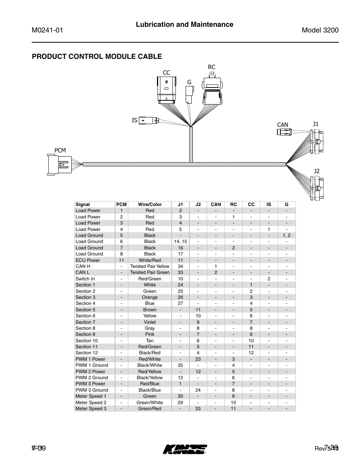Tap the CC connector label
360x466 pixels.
coord(166,72)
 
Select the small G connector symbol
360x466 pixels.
coord(189,94)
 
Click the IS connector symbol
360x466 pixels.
coord(149,120)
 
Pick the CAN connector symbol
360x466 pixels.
coord(284,132)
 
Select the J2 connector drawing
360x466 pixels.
coord(317,187)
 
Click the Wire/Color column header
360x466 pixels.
coord(150,205)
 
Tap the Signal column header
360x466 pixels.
coord(83,205)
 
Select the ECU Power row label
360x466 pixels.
coord(88,260)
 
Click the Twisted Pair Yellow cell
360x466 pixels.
coord(150,266)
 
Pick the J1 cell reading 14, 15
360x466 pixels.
coord(180,241)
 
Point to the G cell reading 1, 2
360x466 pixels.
coord(286,235)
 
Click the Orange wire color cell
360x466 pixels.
coord(150,297)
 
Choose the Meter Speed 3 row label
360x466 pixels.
coord(91,409)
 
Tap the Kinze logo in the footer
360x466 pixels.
coord(185,449)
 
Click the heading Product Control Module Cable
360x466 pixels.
coord(97,57)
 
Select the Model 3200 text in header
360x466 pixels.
coord(320,31)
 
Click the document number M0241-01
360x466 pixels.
coord(47,31)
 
